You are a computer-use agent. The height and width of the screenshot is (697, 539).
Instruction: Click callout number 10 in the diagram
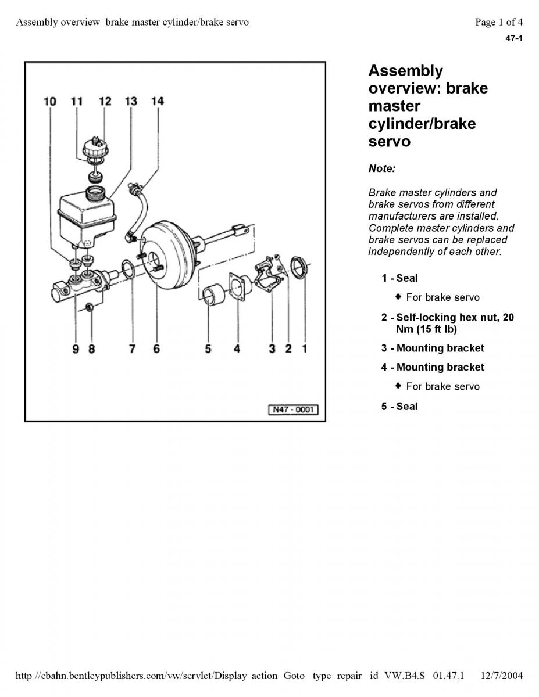click(50, 102)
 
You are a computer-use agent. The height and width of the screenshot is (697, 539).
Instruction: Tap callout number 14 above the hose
click(157, 102)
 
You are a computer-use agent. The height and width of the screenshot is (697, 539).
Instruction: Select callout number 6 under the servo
click(156, 348)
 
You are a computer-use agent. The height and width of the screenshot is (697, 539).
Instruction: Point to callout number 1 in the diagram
click(305, 348)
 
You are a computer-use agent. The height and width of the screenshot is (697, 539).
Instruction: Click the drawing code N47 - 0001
click(293, 409)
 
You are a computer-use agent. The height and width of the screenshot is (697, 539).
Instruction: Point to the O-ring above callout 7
click(128, 270)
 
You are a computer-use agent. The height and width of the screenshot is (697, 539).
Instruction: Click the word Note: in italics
click(381, 168)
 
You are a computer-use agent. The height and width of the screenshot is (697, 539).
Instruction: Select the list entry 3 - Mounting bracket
click(433, 348)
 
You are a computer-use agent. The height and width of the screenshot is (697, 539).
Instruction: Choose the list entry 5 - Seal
click(399, 406)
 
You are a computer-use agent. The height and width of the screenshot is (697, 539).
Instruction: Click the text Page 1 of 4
click(499, 22)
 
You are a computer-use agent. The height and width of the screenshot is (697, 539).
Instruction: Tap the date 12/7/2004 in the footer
click(502, 675)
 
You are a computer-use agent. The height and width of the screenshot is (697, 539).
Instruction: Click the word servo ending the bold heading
click(389, 141)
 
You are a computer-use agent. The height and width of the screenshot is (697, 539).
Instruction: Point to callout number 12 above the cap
click(105, 102)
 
